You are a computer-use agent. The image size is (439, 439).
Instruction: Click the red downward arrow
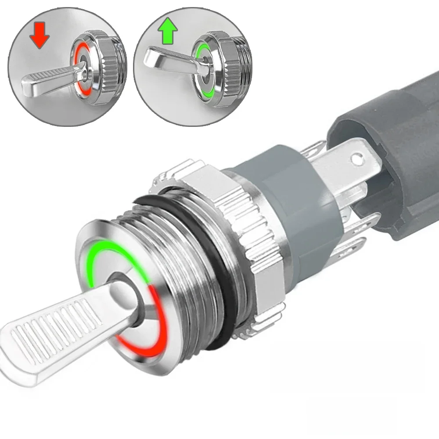pyautogui.click(x=40, y=36)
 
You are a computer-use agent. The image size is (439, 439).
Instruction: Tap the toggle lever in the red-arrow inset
pyautogui.click(x=48, y=82)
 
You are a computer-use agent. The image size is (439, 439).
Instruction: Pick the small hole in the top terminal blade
pyautogui.click(x=359, y=157)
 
